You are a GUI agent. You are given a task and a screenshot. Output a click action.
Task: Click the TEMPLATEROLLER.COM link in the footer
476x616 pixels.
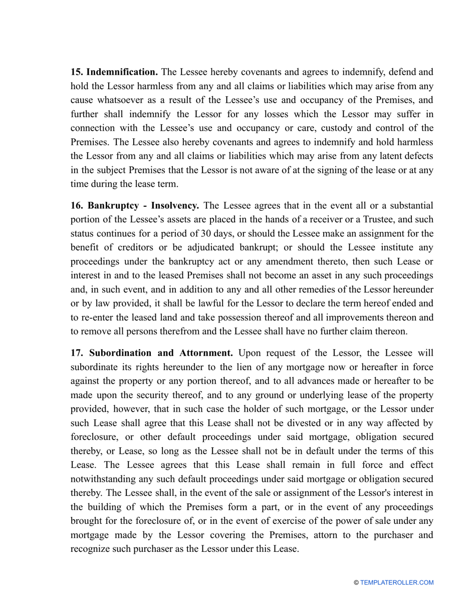[x=397, y=582]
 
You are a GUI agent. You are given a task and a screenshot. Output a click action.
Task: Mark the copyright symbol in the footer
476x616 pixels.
[x=356, y=582]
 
